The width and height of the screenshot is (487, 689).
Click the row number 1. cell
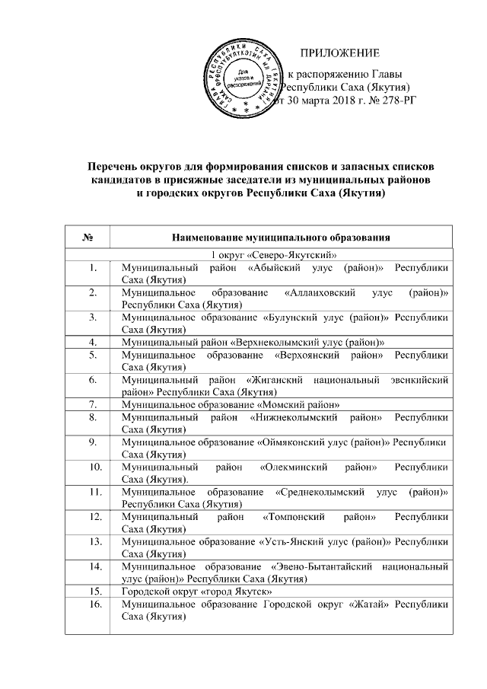pyautogui.click(x=92, y=268)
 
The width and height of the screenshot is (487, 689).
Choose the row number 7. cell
pyautogui.click(x=92, y=403)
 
